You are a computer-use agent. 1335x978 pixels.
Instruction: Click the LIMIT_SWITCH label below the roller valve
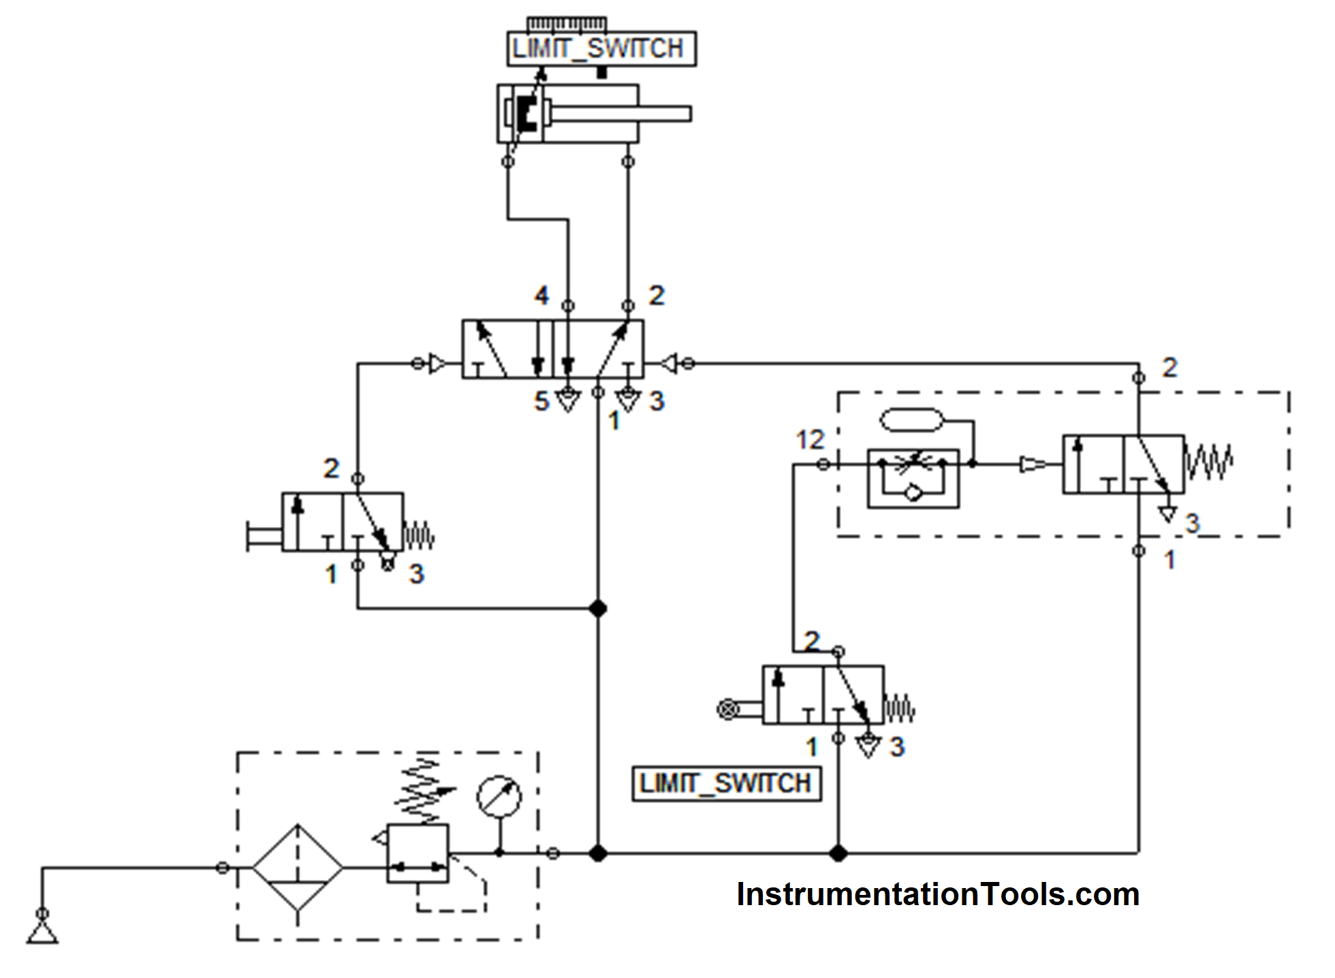(x=726, y=783)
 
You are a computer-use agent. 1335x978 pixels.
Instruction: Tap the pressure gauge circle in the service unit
(x=499, y=796)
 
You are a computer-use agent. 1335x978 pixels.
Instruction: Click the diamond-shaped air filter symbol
(x=298, y=868)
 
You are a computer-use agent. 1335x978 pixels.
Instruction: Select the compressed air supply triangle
(x=42, y=932)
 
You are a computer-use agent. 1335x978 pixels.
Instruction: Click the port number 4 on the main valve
(x=541, y=296)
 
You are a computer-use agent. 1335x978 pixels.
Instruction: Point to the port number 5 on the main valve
(x=541, y=401)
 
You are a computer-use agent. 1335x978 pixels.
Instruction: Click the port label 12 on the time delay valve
(x=810, y=440)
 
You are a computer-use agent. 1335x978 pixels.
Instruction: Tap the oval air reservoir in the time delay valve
(x=911, y=420)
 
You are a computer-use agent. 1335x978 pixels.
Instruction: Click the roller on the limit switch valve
(x=728, y=709)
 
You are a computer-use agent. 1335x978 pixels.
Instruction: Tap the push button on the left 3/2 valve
(x=262, y=535)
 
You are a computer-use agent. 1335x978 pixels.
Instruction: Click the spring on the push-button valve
(x=419, y=535)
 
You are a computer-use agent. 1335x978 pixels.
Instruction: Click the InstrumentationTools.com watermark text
(x=938, y=894)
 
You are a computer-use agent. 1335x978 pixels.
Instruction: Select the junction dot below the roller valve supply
(x=838, y=853)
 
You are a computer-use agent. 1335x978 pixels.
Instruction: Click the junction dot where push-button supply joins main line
(x=598, y=608)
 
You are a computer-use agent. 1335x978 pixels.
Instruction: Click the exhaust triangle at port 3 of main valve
(x=628, y=401)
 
